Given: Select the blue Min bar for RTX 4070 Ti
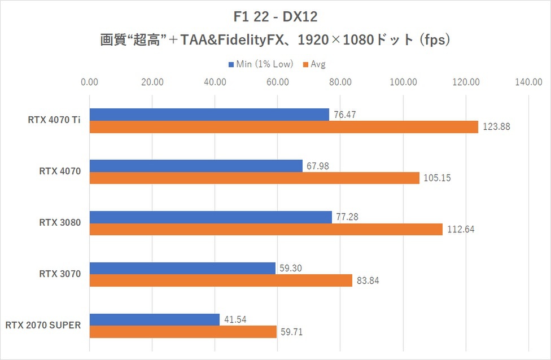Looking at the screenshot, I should pos(209,115).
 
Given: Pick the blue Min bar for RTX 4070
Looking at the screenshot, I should pos(196,166).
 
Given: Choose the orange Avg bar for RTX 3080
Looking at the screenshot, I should pos(266,230).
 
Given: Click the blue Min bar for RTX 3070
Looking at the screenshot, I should pos(182,269).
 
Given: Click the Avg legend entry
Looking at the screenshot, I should pos(317,64).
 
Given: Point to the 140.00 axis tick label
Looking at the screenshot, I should pos(528,82).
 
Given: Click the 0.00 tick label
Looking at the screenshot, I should pos(90,82).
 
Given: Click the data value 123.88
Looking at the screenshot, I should pos(496,127).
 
